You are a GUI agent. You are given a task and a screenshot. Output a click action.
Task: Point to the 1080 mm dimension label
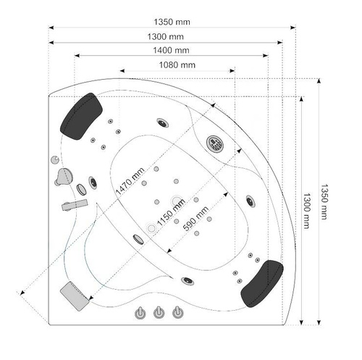(x=177, y=64)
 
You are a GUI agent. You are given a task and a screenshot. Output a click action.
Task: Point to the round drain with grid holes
(x=215, y=143)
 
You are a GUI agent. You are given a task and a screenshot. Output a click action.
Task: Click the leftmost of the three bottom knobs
(x=139, y=314)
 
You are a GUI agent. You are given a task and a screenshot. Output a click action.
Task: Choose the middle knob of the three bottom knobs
(x=157, y=314)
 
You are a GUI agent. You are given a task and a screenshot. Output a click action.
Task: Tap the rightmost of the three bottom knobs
(x=175, y=314)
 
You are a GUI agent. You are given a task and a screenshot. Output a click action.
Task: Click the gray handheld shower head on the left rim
(x=66, y=175)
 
